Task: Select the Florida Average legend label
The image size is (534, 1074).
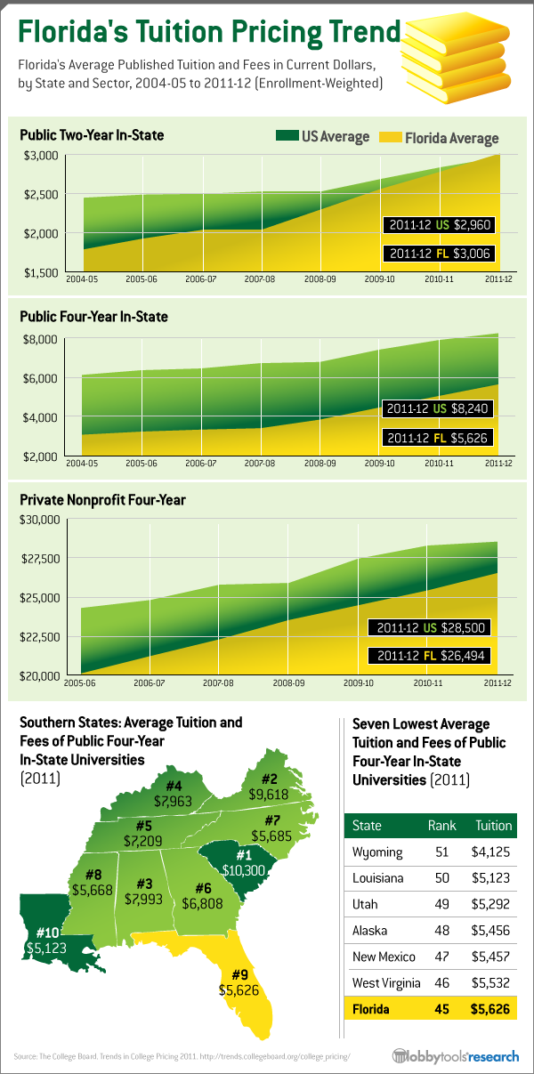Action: [451, 138]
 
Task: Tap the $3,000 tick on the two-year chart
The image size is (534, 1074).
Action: [39, 155]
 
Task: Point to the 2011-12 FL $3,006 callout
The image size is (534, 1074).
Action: [439, 254]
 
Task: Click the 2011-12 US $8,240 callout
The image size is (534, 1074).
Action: [439, 409]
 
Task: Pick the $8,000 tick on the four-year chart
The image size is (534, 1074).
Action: [39, 339]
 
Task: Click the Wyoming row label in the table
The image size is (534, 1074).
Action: [377, 852]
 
